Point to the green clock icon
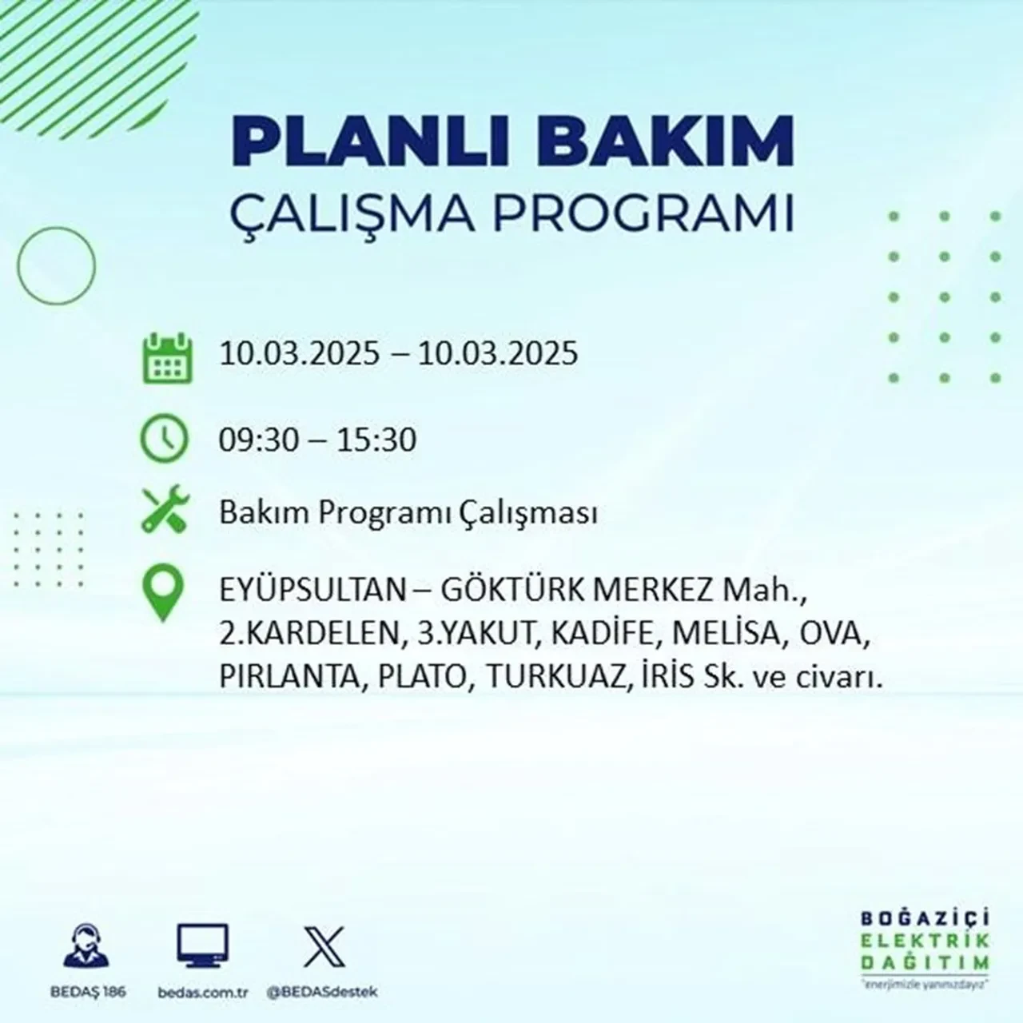pyautogui.click(x=165, y=439)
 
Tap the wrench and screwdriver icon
pyautogui.click(x=165, y=511)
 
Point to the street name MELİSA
pyautogui.click(x=726, y=635)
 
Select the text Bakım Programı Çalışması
pyautogui.click(x=408, y=513)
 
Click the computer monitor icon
pyautogui.click(x=203, y=946)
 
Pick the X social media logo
pyautogui.click(x=324, y=946)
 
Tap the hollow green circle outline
pyautogui.click(x=56, y=265)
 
